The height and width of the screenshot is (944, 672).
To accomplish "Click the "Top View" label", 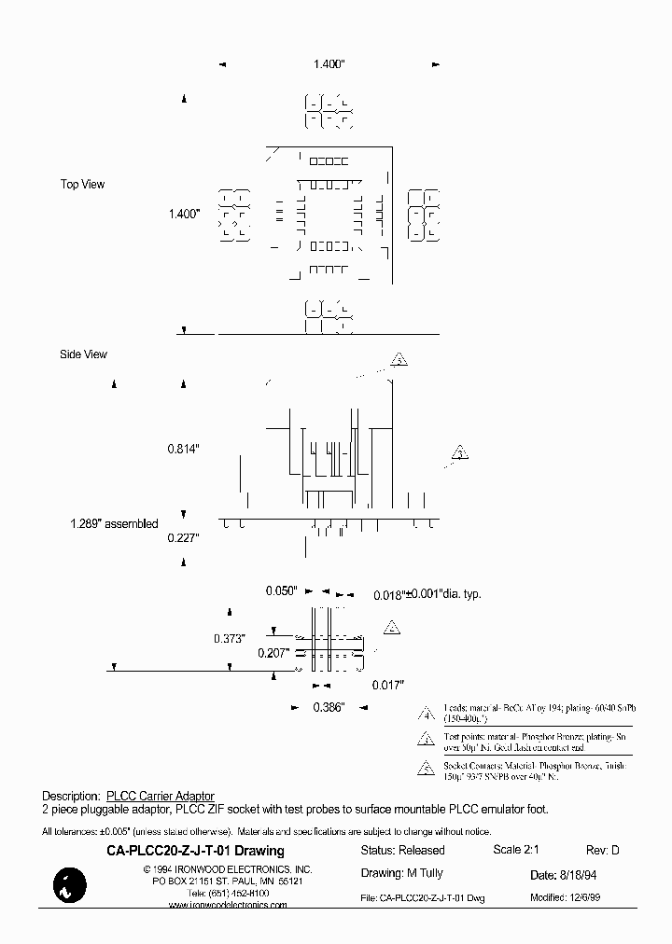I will click(x=82, y=185).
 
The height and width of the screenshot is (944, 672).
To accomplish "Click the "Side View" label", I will click(x=83, y=354).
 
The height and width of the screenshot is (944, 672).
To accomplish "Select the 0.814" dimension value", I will click(x=183, y=449).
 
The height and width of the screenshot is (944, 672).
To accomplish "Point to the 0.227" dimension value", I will click(x=183, y=537).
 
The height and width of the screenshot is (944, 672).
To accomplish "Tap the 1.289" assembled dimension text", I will click(x=114, y=523).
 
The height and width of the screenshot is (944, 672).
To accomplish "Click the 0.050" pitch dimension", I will click(x=280, y=591).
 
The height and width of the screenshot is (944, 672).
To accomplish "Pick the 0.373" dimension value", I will click(x=228, y=639).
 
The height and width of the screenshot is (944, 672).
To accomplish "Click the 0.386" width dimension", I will click(x=329, y=708).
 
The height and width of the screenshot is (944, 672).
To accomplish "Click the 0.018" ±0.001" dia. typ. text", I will click(x=427, y=594).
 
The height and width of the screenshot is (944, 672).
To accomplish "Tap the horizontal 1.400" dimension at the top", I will click(x=328, y=64).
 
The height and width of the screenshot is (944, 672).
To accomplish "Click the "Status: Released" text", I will click(x=402, y=851).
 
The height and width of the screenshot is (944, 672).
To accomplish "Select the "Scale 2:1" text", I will click(x=516, y=850).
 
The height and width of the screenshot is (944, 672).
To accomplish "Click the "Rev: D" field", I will click(x=602, y=850).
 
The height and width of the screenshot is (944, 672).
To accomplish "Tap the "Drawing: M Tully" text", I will click(x=401, y=874).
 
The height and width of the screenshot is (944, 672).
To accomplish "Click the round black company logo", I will click(x=69, y=883).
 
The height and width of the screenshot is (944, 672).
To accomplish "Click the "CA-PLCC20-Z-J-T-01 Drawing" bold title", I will click(x=195, y=851).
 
